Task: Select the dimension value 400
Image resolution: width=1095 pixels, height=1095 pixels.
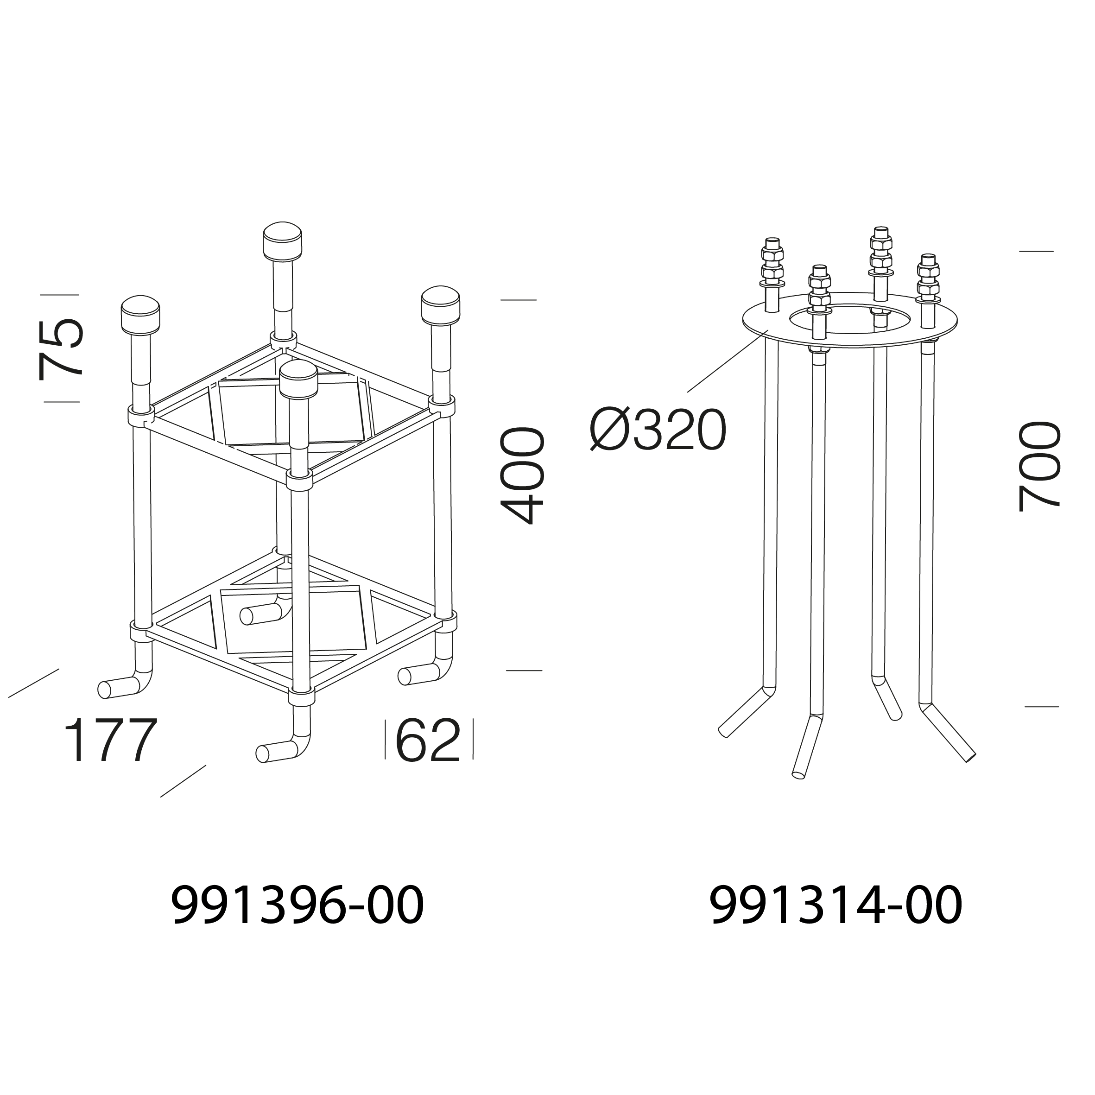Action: coord(523,475)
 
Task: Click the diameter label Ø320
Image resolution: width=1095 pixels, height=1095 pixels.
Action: coord(658,431)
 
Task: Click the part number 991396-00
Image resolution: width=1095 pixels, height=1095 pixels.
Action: coord(297,905)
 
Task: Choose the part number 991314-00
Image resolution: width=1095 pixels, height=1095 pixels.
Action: coord(835,905)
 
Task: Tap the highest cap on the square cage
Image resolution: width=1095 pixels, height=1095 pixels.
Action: coord(282,241)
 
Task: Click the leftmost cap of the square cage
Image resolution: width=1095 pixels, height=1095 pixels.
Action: coord(140,313)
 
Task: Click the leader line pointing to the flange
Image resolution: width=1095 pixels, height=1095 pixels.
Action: coord(727,361)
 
